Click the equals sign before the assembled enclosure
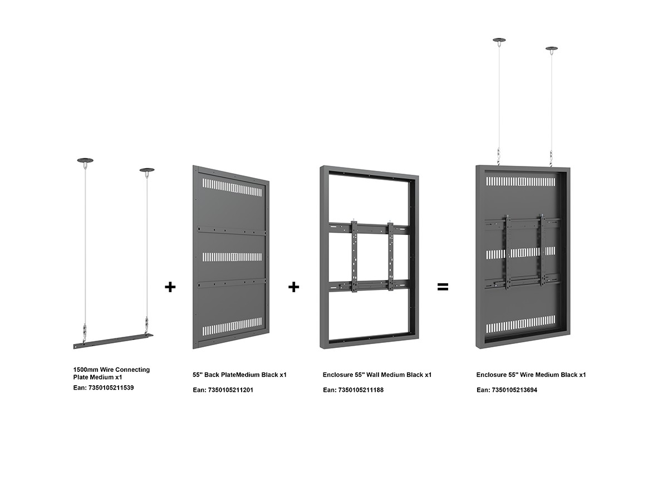[x=443, y=287]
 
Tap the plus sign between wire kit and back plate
[x=170, y=287]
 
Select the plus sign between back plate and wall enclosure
[x=294, y=287]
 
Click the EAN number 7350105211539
[x=111, y=388]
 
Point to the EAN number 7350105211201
[x=230, y=390]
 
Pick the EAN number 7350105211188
[x=361, y=390]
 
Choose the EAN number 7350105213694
[x=514, y=390]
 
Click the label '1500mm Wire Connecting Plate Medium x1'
[x=111, y=373]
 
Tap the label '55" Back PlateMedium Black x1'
[x=239, y=375]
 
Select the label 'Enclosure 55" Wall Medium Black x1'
[x=377, y=375]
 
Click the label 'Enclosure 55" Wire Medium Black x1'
[x=531, y=375]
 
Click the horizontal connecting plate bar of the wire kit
[x=113, y=341]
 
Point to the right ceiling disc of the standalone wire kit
[x=147, y=170]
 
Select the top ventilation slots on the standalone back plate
[x=232, y=188]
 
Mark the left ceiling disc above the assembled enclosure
[x=499, y=40]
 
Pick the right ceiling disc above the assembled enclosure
[x=552, y=48]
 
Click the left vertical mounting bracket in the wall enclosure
[x=354, y=257]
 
